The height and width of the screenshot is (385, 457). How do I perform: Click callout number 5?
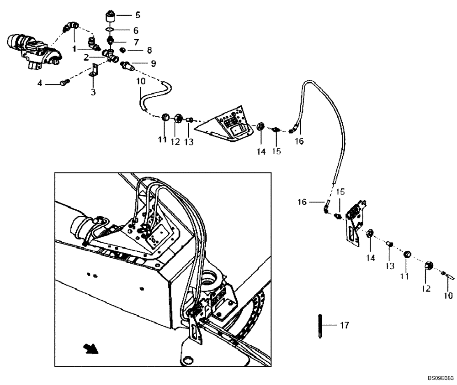pyautogui.click(x=138, y=15)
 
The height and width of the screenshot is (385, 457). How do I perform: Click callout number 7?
pyautogui.click(x=136, y=42)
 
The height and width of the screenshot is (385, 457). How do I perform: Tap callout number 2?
pyautogui.click(x=85, y=57)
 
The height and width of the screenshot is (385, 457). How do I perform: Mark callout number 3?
pyautogui.click(x=93, y=93)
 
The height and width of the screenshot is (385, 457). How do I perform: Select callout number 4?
pyautogui.click(x=40, y=83)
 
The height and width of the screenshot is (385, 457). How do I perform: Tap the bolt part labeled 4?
pyautogui.click(x=64, y=82)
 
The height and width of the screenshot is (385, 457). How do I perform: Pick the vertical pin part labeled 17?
pyautogui.click(x=320, y=326)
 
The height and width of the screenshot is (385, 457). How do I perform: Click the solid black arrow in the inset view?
pyautogui.click(x=90, y=349)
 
